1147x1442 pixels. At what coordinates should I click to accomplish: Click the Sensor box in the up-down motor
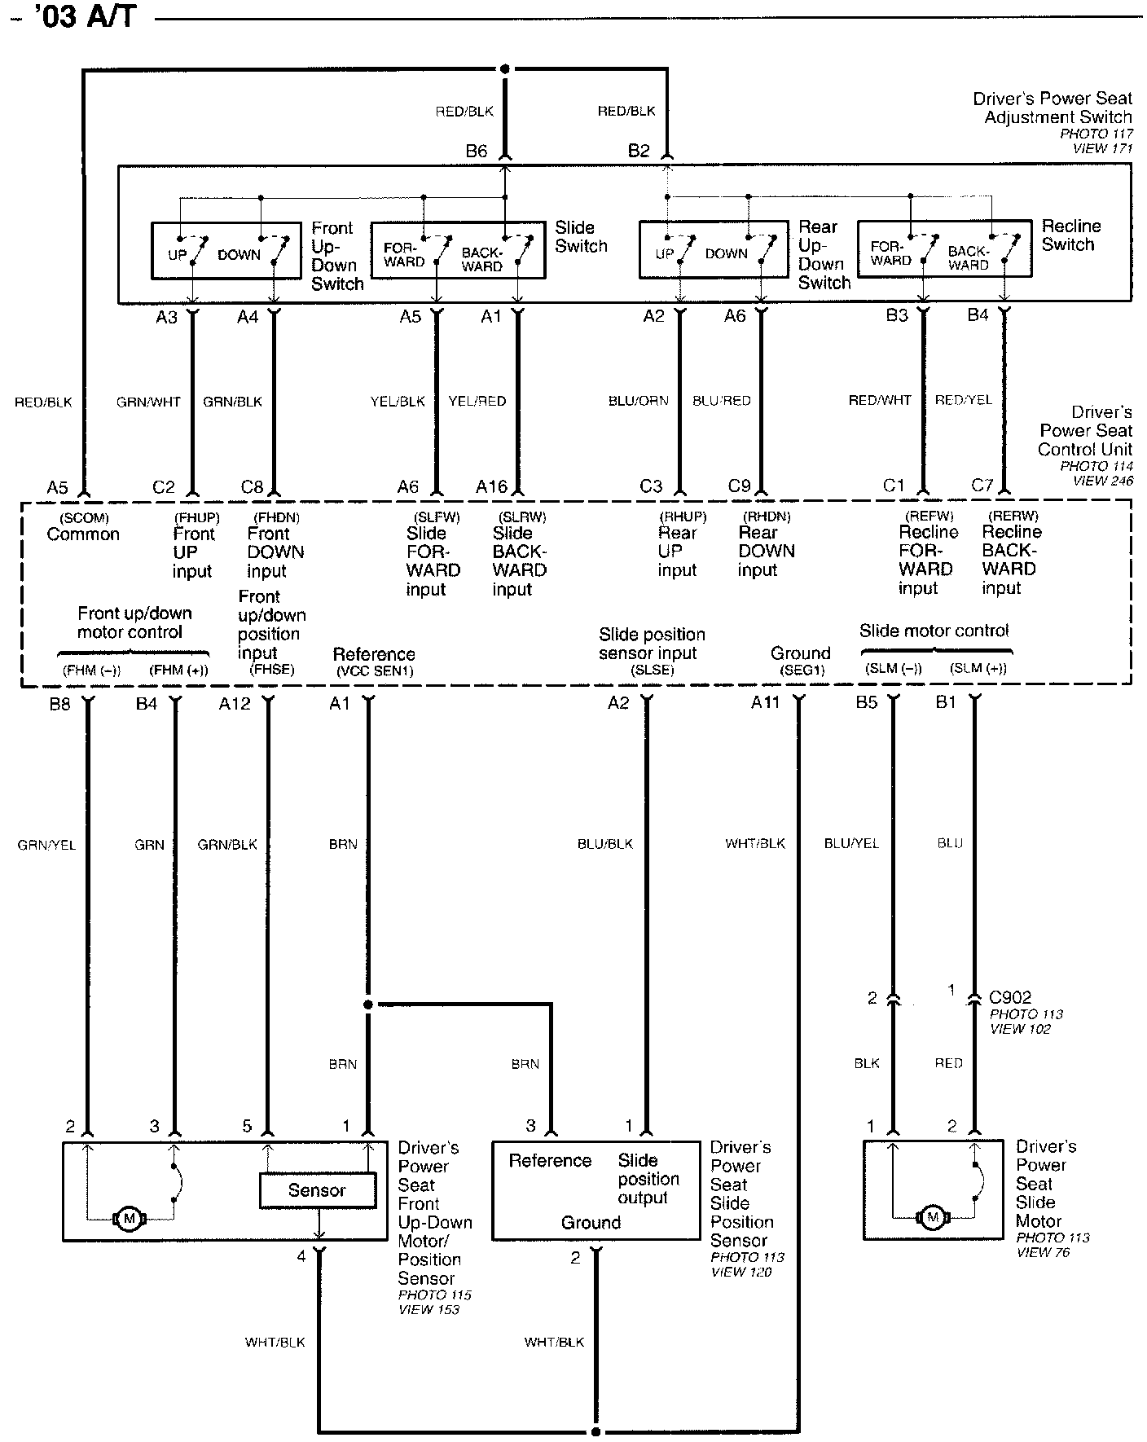318,1190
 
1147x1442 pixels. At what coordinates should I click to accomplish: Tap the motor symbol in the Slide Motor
933,1218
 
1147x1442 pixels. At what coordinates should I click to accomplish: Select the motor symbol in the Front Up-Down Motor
128,1220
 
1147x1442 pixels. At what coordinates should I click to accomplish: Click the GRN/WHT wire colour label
148,402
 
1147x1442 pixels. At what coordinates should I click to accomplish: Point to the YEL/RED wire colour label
477,402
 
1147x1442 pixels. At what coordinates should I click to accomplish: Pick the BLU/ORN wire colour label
639,401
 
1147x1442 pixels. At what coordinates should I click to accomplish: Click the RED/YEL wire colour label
964,400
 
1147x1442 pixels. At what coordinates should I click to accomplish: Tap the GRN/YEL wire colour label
46,846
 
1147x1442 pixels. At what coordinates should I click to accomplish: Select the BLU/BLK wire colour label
605,845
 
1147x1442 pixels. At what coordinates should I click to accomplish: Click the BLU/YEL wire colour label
852,844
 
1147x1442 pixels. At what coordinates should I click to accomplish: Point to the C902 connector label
1010,997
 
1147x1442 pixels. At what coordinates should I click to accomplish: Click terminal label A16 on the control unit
492,487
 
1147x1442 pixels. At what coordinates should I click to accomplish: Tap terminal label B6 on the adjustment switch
477,151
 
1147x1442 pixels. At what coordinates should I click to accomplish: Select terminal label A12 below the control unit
235,704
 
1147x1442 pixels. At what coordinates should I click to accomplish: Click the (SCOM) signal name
84,518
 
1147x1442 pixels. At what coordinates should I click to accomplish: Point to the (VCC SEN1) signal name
375,671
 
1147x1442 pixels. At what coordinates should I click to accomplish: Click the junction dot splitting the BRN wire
368,1005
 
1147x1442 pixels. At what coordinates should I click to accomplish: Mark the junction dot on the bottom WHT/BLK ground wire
596,1431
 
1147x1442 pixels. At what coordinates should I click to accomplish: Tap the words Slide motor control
934,631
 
